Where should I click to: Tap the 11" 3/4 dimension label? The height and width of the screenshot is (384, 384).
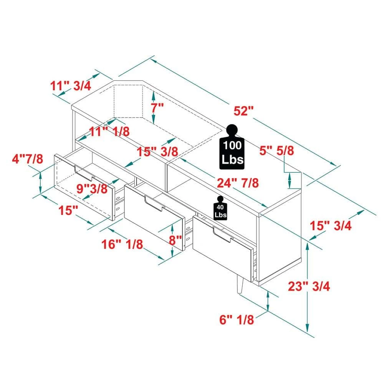71,85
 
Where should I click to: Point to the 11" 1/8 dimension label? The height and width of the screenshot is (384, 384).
109,131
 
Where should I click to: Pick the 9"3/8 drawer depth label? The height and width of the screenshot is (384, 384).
91,188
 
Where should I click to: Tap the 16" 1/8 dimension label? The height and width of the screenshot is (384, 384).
122,244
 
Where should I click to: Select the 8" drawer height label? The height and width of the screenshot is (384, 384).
175,240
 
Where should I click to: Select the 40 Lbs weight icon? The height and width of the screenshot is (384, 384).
220,209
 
